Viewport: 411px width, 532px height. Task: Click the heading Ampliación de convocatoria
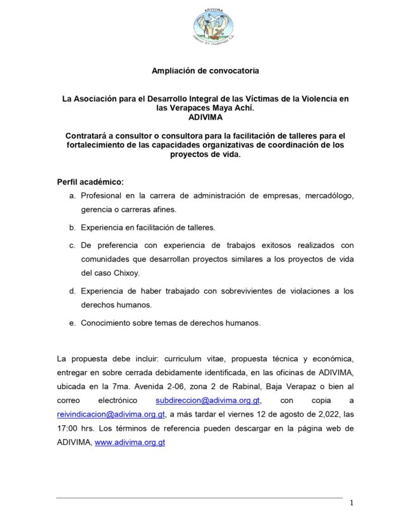[x=205, y=70]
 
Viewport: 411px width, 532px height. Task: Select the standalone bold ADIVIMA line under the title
[x=205, y=117]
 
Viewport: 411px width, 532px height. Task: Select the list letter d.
[x=73, y=290]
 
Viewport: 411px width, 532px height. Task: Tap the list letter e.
[x=73, y=323]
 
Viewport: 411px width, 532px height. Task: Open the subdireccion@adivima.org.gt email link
[x=209, y=401]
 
